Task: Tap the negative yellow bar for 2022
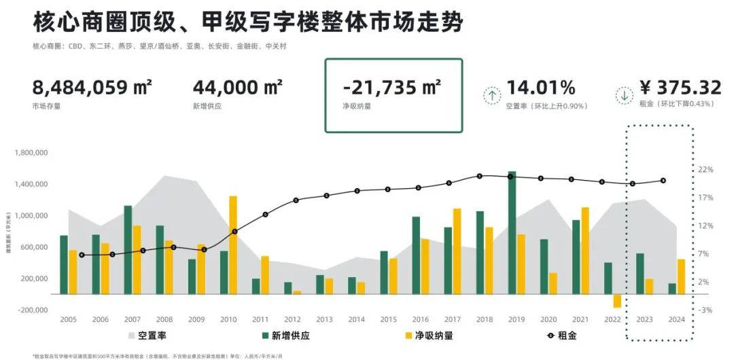tap(617, 301)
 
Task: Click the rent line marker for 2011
tap(265, 215)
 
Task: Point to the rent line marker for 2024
tap(663, 181)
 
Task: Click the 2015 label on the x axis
tap(389, 319)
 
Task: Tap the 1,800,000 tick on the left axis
tap(31, 154)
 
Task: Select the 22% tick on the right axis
tap(704, 169)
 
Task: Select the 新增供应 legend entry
tap(285, 336)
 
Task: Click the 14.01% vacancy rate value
tap(541, 88)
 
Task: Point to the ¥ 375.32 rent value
tap(680, 88)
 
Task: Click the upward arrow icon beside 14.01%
tap(491, 95)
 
